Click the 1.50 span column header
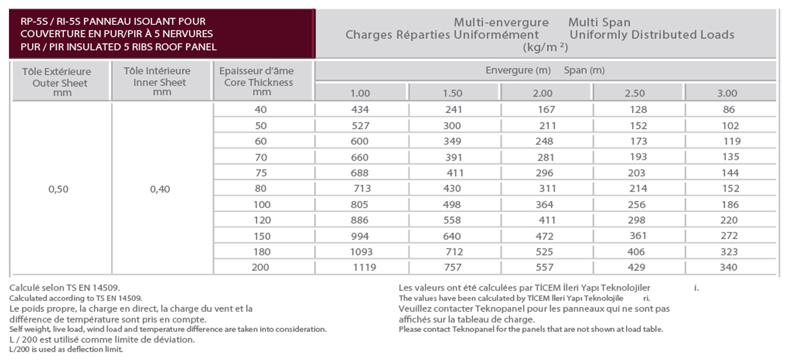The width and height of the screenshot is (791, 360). [452, 93]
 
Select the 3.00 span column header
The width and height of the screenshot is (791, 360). [727, 93]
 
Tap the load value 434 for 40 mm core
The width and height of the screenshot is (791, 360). [360, 109]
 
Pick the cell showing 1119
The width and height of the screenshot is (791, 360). [364, 267]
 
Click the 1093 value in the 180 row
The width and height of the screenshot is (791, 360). [361, 252]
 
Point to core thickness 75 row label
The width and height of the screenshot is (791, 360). [261, 173]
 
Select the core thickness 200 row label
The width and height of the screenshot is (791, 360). [261, 267]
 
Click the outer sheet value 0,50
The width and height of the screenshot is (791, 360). [59, 189]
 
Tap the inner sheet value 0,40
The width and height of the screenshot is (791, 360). [160, 189]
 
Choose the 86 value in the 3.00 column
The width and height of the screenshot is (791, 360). [729, 109]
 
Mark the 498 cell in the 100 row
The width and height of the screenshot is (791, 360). [452, 204]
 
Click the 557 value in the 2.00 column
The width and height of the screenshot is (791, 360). [544, 267]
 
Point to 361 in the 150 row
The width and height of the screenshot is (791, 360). [638, 236]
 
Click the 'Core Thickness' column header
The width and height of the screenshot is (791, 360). [258, 82]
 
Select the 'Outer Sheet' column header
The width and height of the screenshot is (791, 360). [60, 83]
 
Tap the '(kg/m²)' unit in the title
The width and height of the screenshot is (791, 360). [545, 47]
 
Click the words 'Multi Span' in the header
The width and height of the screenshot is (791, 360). [599, 22]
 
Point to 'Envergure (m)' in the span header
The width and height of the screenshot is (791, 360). [518, 70]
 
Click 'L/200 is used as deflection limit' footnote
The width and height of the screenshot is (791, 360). [66, 350]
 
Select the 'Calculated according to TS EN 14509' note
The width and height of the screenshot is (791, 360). [76, 298]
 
